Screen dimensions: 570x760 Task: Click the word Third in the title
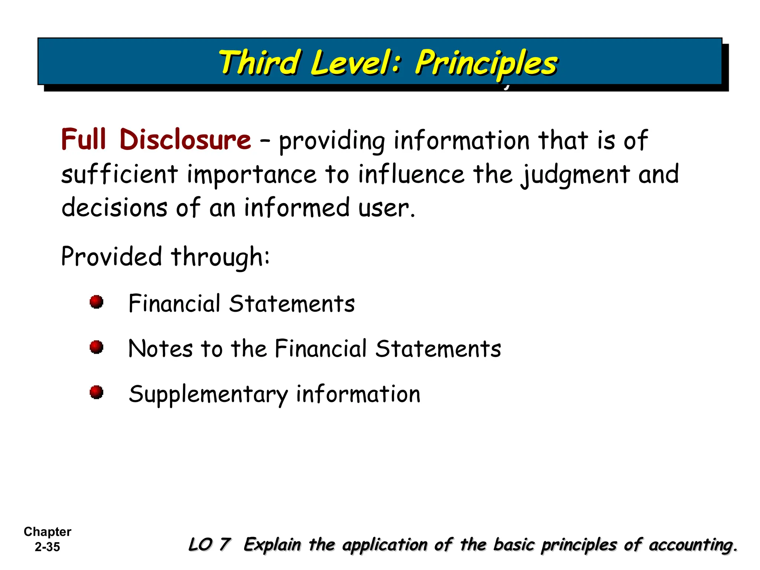coord(259,62)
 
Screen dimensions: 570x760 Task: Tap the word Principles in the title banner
coord(486,63)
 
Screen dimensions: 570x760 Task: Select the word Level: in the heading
coord(356,62)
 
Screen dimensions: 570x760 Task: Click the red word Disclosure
coord(185,140)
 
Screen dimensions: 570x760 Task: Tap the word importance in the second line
coord(252,174)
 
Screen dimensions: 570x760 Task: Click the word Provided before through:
coord(111,256)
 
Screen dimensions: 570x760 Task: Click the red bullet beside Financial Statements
coord(96,302)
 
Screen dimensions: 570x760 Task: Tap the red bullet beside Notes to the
coord(96,347)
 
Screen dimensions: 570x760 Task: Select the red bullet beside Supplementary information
coord(96,392)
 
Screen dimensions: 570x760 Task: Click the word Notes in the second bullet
coord(160,349)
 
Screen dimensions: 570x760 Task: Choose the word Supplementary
coord(208,394)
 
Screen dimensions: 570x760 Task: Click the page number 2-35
coord(47,547)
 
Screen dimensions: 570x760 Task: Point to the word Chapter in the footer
coord(47,532)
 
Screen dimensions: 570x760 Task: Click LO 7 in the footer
coord(209,545)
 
